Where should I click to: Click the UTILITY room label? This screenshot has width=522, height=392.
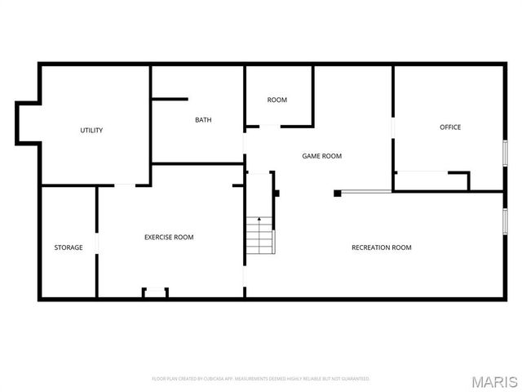91,131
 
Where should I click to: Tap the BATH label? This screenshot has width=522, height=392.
203,120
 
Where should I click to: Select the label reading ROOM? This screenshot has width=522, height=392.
277,100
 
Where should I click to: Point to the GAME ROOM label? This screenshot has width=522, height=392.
321,156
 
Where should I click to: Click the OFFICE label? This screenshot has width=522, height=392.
450,127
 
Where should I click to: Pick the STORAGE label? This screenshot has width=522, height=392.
69,247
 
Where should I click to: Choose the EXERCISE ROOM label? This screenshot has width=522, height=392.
169,238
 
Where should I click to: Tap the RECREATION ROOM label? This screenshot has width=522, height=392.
381,247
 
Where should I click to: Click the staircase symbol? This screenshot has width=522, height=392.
260,234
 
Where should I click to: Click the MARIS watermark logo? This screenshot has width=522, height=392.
499,381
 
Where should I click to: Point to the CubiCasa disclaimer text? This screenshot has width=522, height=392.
261,379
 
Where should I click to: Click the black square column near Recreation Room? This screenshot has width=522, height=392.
337,194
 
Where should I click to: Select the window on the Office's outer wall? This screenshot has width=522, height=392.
505,154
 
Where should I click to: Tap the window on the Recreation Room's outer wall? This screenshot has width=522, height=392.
505,220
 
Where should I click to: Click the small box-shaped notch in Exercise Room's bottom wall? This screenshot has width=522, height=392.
155,292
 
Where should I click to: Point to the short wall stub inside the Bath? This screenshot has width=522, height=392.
170,100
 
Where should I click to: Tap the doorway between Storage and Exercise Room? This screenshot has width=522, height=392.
97,244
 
